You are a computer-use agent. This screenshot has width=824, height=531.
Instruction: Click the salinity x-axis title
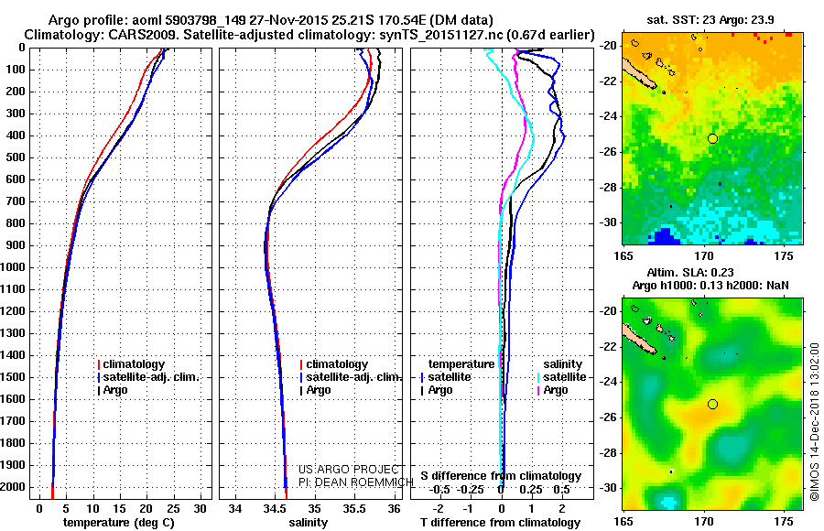point(308,523)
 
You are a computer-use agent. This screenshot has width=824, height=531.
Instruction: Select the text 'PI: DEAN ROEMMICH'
point(350,480)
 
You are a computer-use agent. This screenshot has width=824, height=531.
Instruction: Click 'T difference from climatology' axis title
point(501,523)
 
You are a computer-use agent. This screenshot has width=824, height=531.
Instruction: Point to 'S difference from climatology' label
point(501,476)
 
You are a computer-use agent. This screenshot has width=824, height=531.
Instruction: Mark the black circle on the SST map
point(712,138)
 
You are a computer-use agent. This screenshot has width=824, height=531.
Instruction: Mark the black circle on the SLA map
point(712,404)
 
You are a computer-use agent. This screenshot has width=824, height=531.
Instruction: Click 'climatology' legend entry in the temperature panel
point(135,364)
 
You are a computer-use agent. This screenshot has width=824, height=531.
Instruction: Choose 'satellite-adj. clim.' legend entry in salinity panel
point(353,377)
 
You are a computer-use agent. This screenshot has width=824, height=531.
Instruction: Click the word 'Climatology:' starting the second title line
point(61,34)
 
